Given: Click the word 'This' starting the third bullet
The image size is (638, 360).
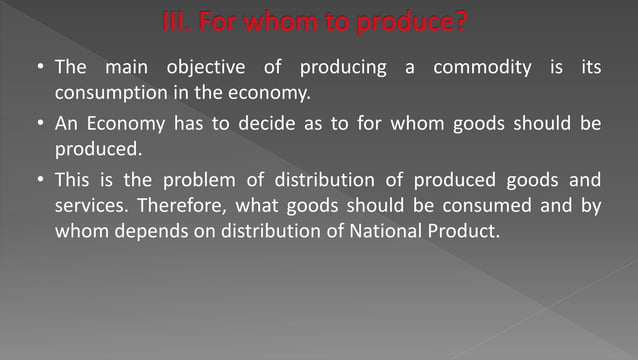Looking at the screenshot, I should click(73, 180).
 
